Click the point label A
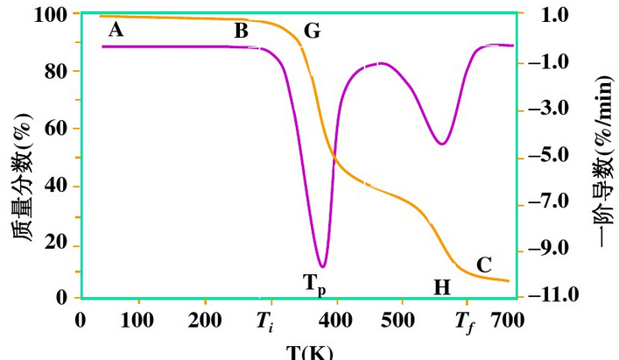[116, 31]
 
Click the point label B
[241, 32]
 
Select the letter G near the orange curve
[312, 32]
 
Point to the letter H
[442, 287]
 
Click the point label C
[484, 264]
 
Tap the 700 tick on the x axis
[508, 321]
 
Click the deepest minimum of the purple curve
[323, 266]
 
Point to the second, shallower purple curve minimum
[443, 144]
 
